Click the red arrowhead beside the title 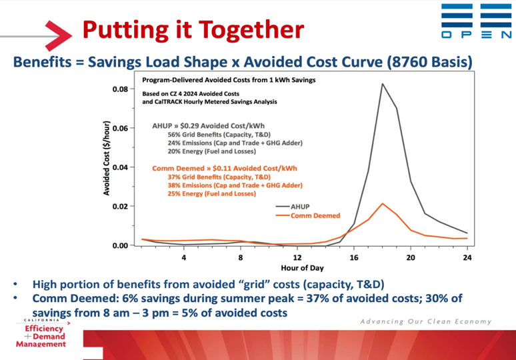coord(59,35)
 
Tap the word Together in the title coord(251,30)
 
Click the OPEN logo coord(476,21)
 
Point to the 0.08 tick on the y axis coord(120,89)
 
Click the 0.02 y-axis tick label coord(120,206)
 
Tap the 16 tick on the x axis coord(354,257)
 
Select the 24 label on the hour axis coord(467,257)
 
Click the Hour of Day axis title coord(302,268)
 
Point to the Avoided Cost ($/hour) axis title coord(107,158)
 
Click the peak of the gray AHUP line coord(383,83)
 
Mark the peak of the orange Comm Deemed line coord(383,203)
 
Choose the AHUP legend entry coord(293,207)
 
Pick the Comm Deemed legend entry coord(308,215)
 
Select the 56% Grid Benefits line coord(219,135)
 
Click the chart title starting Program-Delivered coord(229,80)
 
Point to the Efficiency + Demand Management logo coord(41,333)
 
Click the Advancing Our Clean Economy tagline coord(426,321)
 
